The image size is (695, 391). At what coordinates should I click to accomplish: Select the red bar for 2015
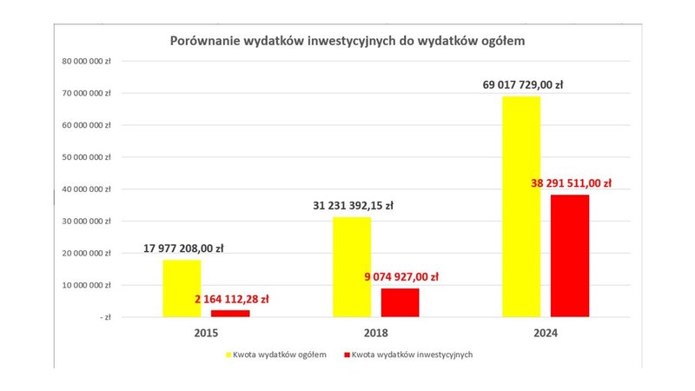229,313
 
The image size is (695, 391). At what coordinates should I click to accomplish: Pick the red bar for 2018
400,302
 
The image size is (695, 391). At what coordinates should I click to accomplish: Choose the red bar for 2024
570,255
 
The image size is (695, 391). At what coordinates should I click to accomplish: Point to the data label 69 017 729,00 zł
523,85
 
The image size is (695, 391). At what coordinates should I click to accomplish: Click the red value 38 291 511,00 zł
571,183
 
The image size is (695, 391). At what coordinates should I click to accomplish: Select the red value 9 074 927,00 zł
402,276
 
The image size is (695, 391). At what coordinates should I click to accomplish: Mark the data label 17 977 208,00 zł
183,249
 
